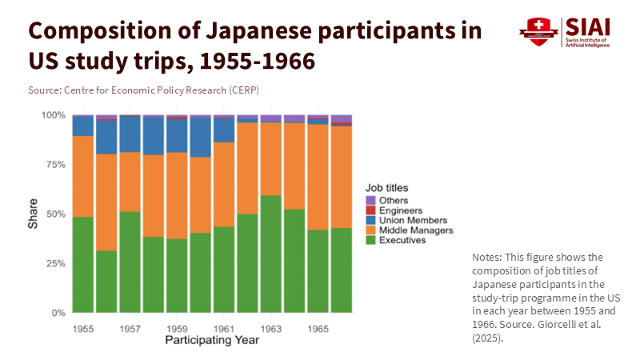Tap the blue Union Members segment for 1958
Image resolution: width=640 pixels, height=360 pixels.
(x=154, y=136)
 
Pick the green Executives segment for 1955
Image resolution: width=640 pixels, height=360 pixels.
(x=83, y=264)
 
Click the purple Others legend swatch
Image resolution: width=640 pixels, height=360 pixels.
(x=370, y=200)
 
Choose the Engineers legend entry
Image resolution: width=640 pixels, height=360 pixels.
(x=399, y=210)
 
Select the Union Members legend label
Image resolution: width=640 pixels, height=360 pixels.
(x=414, y=220)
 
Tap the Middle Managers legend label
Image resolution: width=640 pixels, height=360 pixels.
(x=416, y=230)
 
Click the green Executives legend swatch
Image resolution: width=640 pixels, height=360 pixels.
(x=370, y=240)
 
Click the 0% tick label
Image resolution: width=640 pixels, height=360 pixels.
(x=58, y=313)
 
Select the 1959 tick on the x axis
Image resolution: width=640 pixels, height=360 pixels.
(x=177, y=328)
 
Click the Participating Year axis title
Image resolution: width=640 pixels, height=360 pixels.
(x=212, y=340)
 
